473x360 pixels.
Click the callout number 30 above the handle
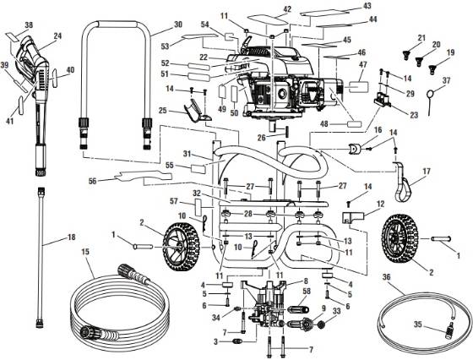[177, 25]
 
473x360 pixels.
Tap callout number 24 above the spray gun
[58, 35]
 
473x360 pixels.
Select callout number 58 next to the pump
[307, 292]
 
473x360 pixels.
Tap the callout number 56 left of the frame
[92, 180]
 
